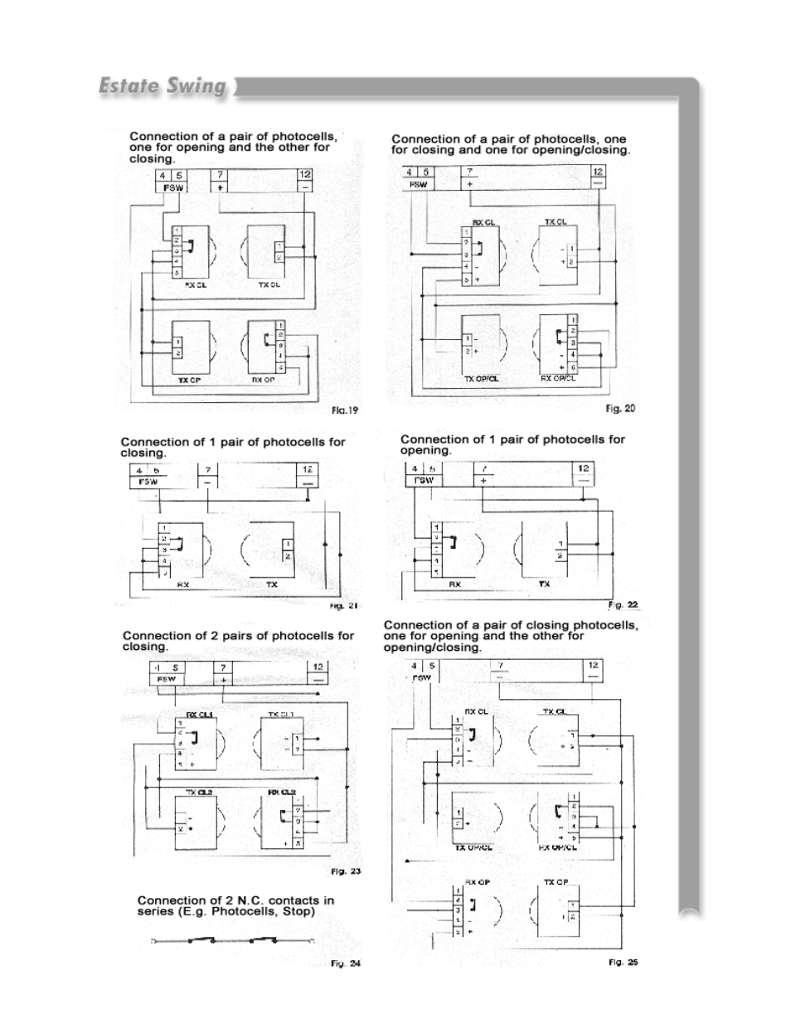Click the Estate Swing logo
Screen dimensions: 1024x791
coord(163,86)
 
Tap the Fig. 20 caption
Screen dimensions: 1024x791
coord(620,408)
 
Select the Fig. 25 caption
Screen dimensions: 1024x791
coord(623,962)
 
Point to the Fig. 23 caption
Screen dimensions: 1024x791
coord(346,871)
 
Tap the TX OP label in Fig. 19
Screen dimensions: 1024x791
coord(190,381)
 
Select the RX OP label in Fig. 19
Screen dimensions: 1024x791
coord(264,381)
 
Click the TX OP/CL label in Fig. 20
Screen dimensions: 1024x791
coord(481,379)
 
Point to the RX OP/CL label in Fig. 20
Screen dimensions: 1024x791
coord(558,378)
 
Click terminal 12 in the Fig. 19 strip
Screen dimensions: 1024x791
coord(305,175)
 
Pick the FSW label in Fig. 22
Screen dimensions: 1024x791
coord(424,481)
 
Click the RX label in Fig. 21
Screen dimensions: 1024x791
coord(183,585)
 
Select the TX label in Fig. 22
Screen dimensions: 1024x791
coord(544,584)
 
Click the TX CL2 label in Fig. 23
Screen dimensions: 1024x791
coord(198,792)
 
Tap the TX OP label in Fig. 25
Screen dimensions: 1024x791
coord(556,882)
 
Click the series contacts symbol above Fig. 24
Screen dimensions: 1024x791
coord(231,940)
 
